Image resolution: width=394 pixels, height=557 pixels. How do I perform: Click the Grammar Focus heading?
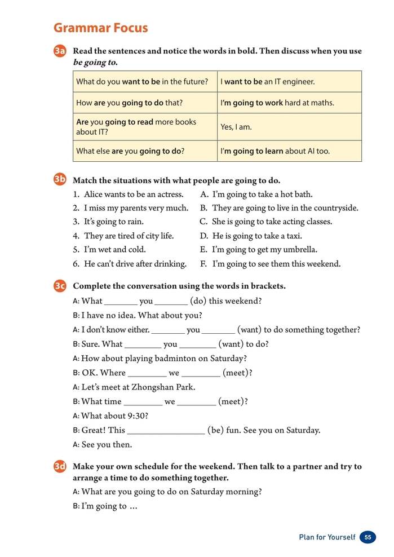pyautogui.click(x=100, y=28)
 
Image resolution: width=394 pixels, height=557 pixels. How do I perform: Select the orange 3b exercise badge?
pyautogui.click(x=60, y=180)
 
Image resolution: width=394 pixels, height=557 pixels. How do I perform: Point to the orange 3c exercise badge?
pyautogui.click(x=60, y=286)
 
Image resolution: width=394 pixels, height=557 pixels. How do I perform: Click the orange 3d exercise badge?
pyautogui.click(x=60, y=467)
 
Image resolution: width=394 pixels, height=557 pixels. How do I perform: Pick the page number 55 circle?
pyautogui.click(x=368, y=537)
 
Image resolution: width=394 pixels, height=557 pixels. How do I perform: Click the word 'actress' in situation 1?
pyautogui.click(x=169, y=194)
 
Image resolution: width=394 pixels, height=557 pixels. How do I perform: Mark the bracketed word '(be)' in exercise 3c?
pyautogui.click(x=216, y=430)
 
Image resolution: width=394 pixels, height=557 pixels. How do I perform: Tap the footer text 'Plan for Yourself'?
pyautogui.click(x=327, y=537)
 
